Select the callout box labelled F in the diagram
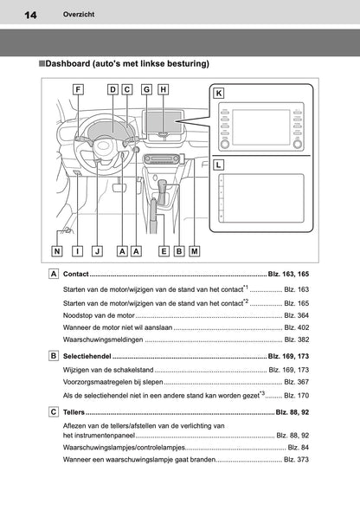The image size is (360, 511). (x=79, y=89)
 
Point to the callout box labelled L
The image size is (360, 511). (x=220, y=163)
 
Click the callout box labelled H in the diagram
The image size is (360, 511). (x=164, y=89)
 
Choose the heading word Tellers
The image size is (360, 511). (x=75, y=411)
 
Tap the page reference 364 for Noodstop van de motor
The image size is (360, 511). (x=295, y=315)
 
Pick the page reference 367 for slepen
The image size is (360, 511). (x=295, y=382)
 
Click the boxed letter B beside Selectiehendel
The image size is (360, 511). (x=55, y=356)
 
